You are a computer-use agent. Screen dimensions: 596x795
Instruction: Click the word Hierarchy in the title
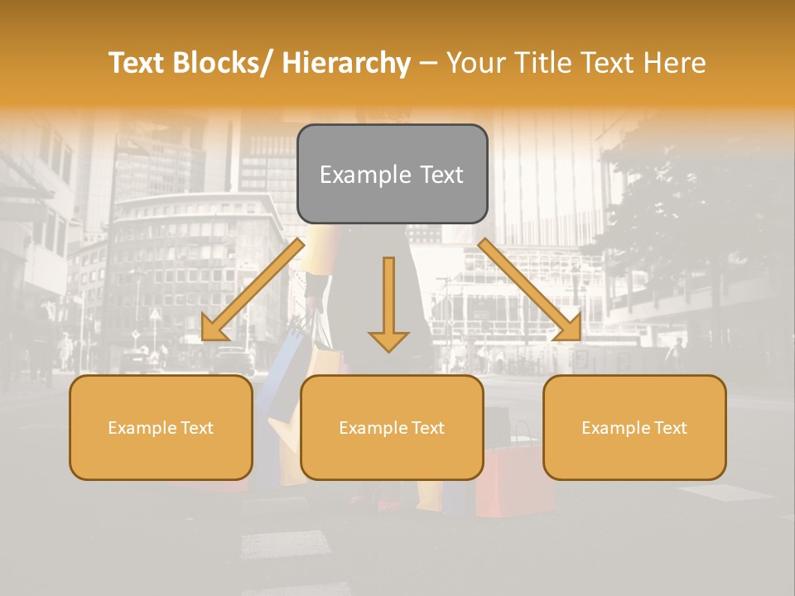click(x=346, y=64)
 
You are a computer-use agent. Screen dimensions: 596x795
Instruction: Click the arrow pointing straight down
click(x=388, y=306)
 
